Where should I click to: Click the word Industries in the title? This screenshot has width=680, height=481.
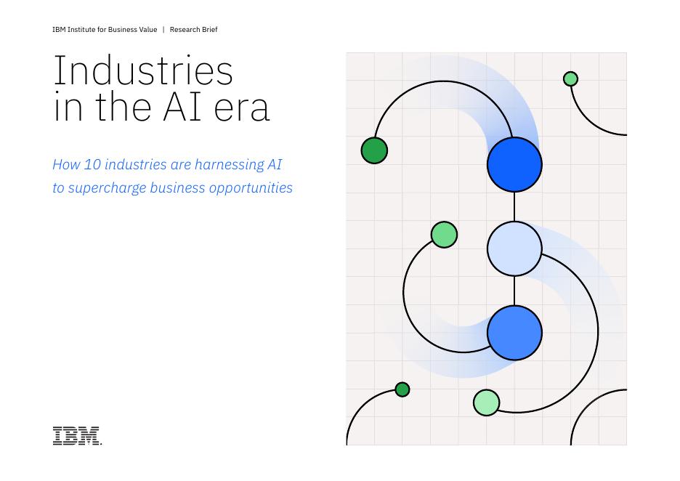coord(143,70)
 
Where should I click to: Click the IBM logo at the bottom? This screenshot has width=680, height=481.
coord(77,435)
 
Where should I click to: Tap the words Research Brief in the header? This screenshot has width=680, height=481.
coord(193,30)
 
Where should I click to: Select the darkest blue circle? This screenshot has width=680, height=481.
coord(514,165)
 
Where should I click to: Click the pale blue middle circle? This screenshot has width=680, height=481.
coord(514,249)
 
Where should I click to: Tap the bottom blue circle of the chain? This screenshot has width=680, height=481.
coord(514,333)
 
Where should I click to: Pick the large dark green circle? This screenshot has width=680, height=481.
coord(374,150)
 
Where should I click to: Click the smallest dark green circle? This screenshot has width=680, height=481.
coord(402,389)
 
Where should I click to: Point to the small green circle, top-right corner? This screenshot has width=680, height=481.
coord(570,78)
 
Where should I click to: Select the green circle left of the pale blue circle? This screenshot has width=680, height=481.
coord(444,235)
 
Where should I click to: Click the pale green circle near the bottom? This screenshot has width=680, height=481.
coord(486,403)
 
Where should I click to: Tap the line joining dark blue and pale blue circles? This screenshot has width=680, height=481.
coord(514,207)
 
